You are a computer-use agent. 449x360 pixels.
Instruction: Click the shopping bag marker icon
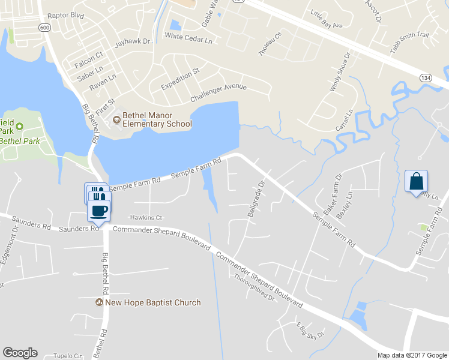[x=417, y=181]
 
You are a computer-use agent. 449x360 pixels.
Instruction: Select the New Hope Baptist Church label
[x=152, y=302]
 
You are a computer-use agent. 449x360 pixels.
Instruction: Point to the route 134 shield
[x=425, y=78]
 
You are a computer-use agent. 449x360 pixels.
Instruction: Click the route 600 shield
[x=44, y=28]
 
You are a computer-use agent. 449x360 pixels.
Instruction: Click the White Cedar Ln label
[x=189, y=37]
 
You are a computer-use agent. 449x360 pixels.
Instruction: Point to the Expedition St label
[x=180, y=79]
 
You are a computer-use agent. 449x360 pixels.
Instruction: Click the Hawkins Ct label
[x=146, y=217]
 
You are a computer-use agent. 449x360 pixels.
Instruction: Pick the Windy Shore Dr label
[x=339, y=72]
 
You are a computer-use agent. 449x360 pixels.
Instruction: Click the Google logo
[x=20, y=353]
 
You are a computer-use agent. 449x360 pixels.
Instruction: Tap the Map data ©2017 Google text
[x=412, y=355]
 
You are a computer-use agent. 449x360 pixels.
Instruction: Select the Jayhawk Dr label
[x=131, y=44]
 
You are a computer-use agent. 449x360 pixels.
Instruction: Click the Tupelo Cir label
[x=66, y=356]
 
